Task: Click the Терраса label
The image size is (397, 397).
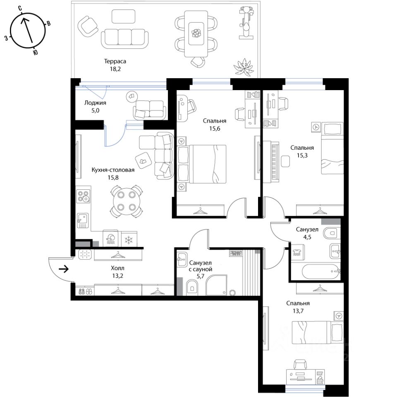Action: (x=115, y=61)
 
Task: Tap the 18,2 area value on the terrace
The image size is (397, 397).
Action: (x=115, y=69)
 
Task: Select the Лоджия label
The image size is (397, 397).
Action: (x=95, y=103)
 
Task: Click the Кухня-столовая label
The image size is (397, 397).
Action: (x=113, y=170)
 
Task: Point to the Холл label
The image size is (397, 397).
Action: (x=117, y=268)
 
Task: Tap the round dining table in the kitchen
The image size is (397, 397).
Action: (x=126, y=201)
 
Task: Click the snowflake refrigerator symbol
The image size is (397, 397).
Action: (x=129, y=240)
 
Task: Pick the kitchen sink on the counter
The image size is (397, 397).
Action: (x=83, y=220)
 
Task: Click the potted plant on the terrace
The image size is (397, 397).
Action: (x=243, y=67)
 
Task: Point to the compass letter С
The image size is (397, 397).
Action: (x=20, y=9)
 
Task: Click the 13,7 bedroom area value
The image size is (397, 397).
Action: (x=298, y=311)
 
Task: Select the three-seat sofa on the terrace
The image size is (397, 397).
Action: (x=125, y=39)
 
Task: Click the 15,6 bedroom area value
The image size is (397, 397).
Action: (x=215, y=129)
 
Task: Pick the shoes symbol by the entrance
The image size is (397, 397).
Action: (x=85, y=292)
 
